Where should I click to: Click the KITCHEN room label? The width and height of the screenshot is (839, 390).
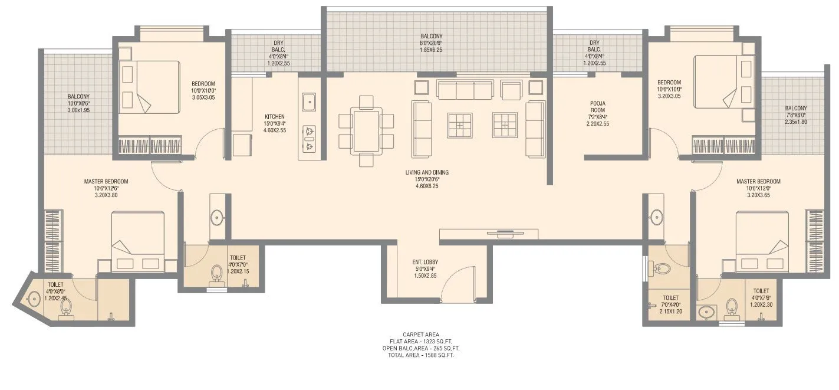pyautogui.click(x=275, y=116)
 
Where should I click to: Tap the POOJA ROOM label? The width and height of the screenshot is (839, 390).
pyautogui.click(x=598, y=103)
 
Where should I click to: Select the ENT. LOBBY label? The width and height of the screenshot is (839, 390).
pyautogui.click(x=425, y=262)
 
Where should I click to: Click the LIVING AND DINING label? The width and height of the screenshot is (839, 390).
pyautogui.click(x=427, y=172)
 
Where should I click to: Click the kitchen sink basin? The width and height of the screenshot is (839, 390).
pyautogui.click(x=308, y=102)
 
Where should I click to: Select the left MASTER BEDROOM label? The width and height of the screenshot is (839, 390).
pyautogui.click(x=106, y=181)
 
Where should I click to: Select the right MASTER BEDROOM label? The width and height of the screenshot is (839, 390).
pyautogui.click(x=758, y=181)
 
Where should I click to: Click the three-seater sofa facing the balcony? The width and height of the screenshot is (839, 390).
pyautogui.click(x=465, y=89)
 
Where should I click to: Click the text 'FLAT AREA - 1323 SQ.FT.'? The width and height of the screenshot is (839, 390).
pyautogui.click(x=420, y=342)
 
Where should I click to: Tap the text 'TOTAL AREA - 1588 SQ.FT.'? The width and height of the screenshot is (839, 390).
pyautogui.click(x=420, y=355)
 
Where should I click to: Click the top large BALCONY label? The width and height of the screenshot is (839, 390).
pyautogui.click(x=432, y=36)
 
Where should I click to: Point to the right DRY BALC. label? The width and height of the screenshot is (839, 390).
pyautogui.click(x=594, y=42)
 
